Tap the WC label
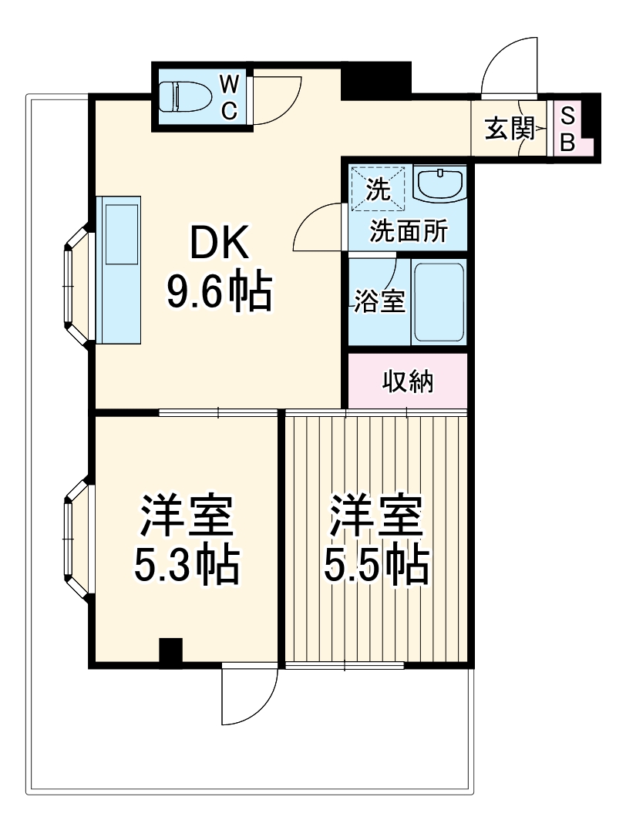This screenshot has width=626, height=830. pyautogui.click(x=229, y=97)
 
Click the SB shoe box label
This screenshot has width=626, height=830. pyautogui.click(x=567, y=129)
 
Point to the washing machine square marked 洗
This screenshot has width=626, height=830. pyautogui.click(x=377, y=188)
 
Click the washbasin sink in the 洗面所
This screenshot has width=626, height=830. pyautogui.click(x=439, y=185)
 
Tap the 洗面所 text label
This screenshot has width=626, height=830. pyautogui.click(x=408, y=232)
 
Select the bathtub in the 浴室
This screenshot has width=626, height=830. pyautogui.click(x=439, y=302)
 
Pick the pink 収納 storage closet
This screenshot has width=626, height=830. pyautogui.click(x=408, y=381)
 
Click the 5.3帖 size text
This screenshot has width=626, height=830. pyautogui.click(x=186, y=566)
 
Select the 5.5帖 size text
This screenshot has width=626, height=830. pyautogui.click(x=376, y=566)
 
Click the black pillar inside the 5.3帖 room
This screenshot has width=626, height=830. pyautogui.click(x=170, y=650)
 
